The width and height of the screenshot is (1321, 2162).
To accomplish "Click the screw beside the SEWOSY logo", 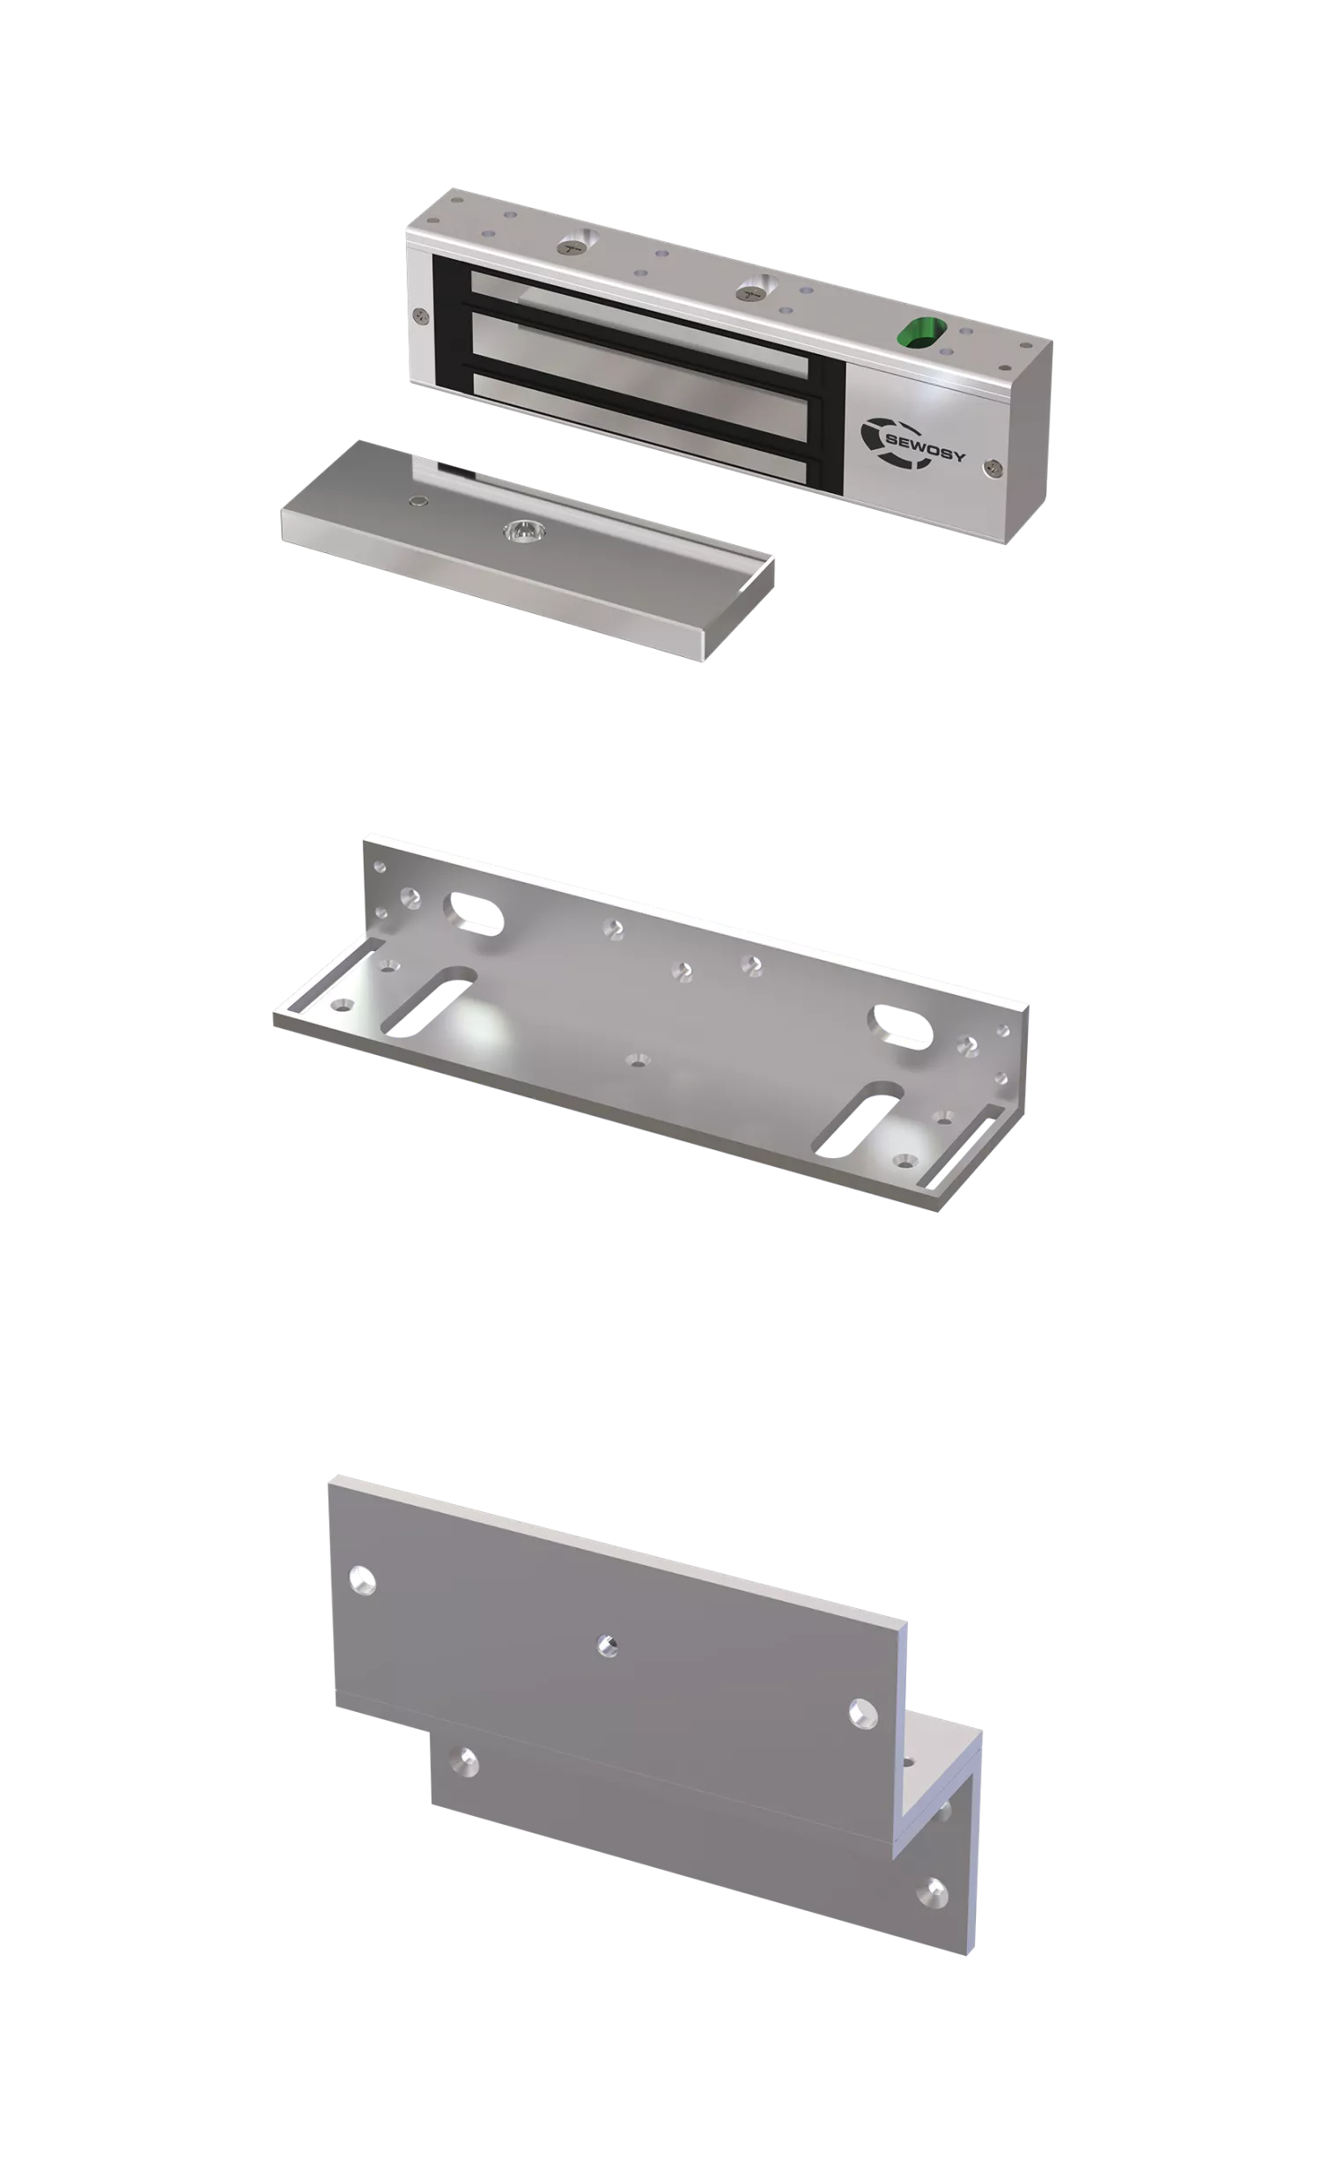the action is pyautogui.click(x=993, y=469).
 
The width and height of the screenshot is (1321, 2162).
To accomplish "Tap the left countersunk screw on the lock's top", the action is pyautogui.click(x=575, y=242).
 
